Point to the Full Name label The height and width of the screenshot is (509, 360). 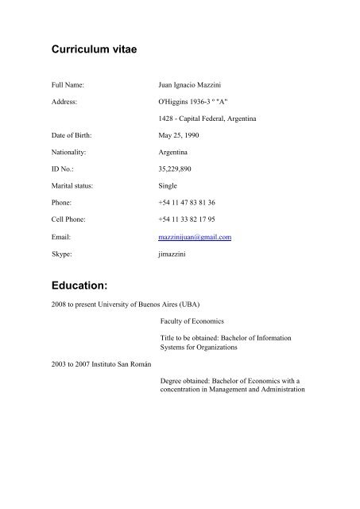pos(63,83)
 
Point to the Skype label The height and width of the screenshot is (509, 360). pos(53,254)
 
